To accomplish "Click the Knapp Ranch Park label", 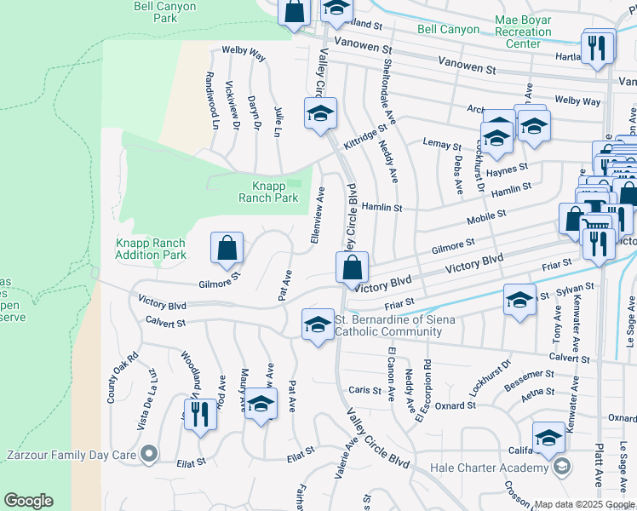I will (274, 192).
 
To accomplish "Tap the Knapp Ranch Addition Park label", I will (151, 249).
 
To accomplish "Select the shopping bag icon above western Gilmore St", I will (227, 249).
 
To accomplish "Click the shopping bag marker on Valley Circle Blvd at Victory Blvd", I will (352, 268).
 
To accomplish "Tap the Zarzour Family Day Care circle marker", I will (150, 455).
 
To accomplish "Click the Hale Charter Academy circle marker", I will (561, 468).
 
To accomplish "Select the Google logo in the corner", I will (28, 501).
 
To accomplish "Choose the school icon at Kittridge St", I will (320, 113).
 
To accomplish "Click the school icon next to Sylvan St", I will (519, 301).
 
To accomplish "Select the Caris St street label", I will (368, 389).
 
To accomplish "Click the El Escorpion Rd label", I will (423, 393).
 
